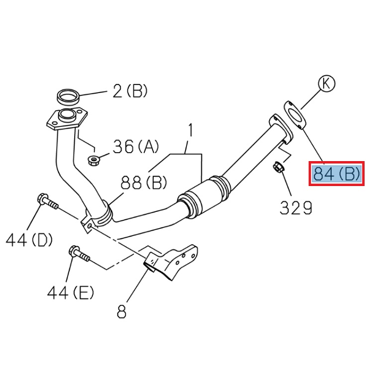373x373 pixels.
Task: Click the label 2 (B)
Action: click(x=130, y=91)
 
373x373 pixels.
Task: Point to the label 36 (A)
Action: click(x=136, y=146)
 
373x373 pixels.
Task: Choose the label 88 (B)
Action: click(x=145, y=184)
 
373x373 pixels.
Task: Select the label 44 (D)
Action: click(x=29, y=241)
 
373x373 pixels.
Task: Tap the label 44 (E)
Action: click(x=71, y=293)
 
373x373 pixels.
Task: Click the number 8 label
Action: click(x=121, y=312)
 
